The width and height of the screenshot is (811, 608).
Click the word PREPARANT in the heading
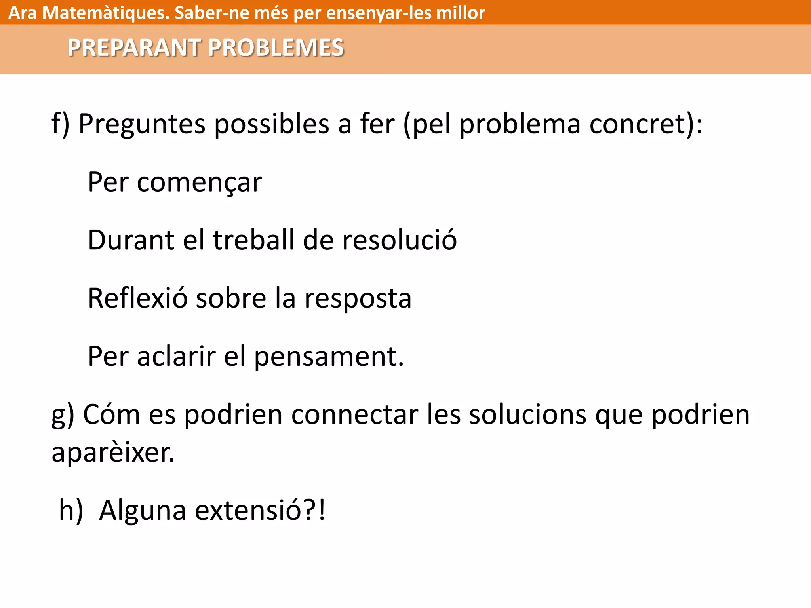coord(133,48)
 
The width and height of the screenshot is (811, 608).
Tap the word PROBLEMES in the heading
coord(276,48)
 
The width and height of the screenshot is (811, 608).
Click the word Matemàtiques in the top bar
coord(106,13)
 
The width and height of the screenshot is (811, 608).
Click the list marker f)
coord(60,124)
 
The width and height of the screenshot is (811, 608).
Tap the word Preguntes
coord(142,124)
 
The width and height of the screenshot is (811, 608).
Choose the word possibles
coord(272,124)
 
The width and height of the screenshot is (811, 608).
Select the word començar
coord(199,182)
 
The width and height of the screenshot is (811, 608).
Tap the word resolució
coord(399,240)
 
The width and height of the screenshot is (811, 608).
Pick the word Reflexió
coord(137,298)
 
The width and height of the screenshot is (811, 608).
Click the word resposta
coord(358,299)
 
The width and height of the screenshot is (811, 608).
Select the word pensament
coord(328,357)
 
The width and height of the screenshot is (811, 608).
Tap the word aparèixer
coord(112,452)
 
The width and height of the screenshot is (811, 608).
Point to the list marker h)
coord(71,510)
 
